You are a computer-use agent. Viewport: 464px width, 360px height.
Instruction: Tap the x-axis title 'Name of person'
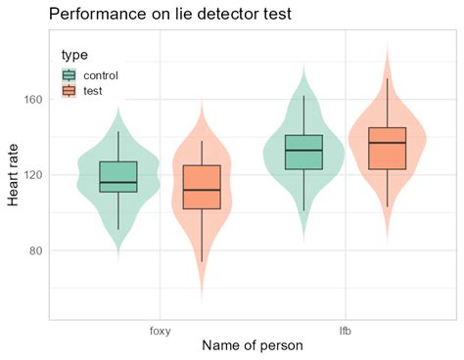(252, 345)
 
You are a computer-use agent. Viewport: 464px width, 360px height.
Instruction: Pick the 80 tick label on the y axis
(35, 250)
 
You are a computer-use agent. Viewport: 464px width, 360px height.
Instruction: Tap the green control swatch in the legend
(69, 74)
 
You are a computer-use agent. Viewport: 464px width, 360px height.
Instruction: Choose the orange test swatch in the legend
(69, 91)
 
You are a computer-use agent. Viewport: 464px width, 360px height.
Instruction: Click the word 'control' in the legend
(102, 74)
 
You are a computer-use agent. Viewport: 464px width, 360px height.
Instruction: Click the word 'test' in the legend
(94, 91)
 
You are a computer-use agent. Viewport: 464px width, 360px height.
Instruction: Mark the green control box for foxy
(118, 177)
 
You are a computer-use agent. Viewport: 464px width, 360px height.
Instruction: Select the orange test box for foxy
(202, 187)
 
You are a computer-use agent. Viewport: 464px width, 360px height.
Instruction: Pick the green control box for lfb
(303, 152)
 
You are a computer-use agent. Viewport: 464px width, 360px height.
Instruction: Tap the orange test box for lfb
(387, 149)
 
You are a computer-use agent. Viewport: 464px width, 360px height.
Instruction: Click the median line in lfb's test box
(387, 143)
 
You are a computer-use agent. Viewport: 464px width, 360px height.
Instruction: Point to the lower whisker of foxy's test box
(202, 236)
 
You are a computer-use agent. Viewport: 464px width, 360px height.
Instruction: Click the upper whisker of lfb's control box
(303, 114)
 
